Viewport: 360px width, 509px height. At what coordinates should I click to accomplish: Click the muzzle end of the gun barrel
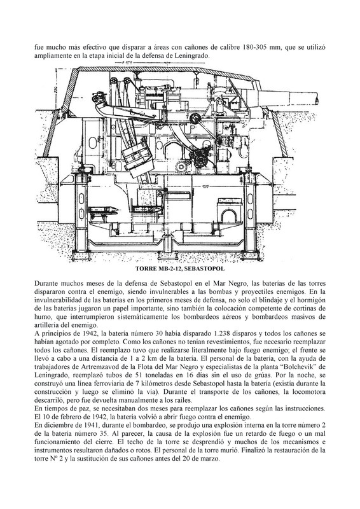coord(317,97)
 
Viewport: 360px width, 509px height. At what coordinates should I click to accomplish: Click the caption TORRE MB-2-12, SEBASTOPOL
coord(180,268)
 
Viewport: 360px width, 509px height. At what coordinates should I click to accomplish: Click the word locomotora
coord(308,392)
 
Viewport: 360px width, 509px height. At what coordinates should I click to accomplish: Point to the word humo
coord(41,316)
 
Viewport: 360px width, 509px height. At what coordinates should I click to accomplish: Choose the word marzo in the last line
coord(212,459)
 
